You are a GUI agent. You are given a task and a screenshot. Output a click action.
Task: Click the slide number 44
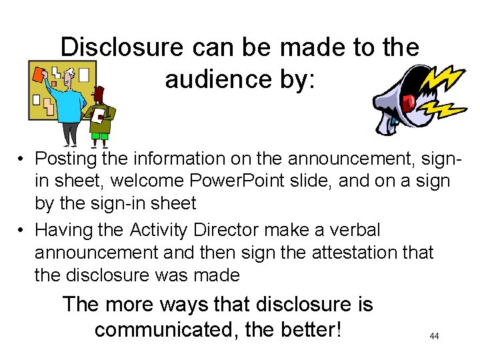click(434, 337)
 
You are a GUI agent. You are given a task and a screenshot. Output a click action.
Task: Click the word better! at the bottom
click(305, 329)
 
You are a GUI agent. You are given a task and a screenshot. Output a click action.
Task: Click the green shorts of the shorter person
click(99, 136)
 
